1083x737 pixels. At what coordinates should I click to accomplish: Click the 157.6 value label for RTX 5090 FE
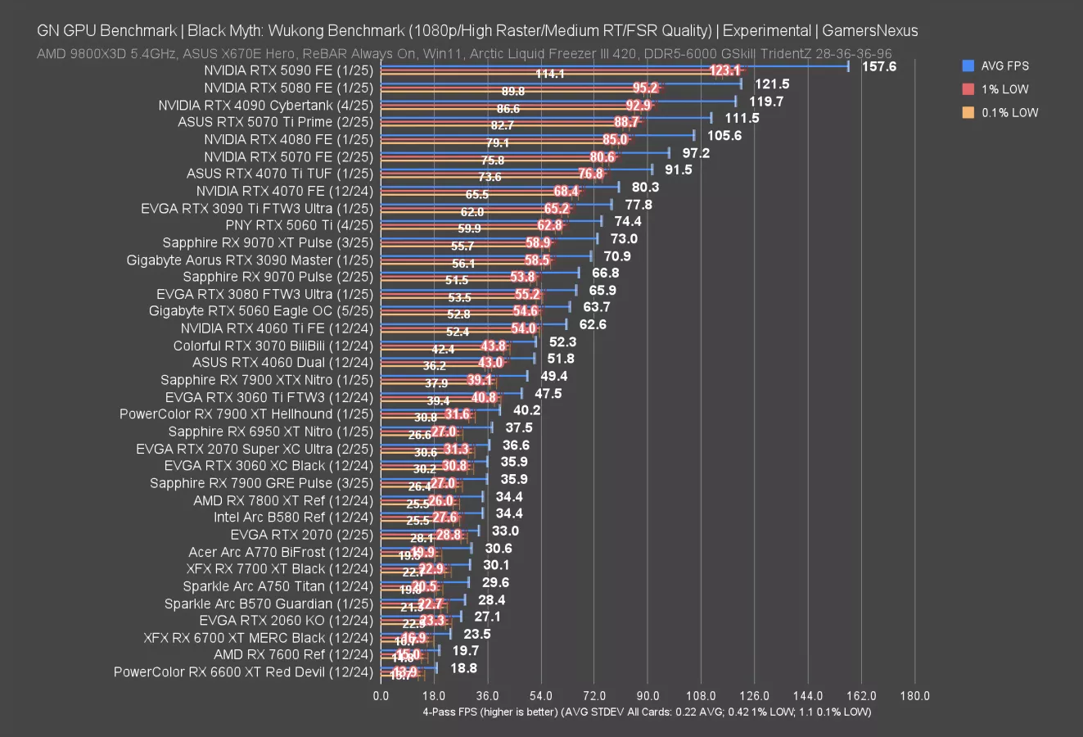click(879, 66)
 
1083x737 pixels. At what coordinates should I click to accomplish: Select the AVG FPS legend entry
click(1004, 66)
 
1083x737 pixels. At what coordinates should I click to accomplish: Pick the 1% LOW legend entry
click(1004, 89)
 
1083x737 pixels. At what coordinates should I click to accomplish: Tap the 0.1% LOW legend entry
click(1009, 113)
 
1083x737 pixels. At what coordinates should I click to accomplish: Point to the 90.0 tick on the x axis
click(648, 696)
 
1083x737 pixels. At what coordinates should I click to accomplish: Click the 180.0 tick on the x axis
click(914, 696)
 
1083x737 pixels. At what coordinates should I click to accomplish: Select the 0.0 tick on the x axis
click(381, 696)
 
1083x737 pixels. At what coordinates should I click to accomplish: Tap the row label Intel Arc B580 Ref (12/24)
click(293, 517)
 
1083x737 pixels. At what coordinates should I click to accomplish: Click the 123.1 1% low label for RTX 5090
click(725, 70)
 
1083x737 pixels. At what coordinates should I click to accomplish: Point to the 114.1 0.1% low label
click(550, 74)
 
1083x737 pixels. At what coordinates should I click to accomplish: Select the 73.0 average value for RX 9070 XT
click(624, 238)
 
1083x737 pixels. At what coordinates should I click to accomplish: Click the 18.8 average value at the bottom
click(463, 667)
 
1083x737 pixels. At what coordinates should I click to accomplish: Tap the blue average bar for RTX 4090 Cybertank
click(557, 102)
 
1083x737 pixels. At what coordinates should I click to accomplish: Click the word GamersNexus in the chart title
click(869, 31)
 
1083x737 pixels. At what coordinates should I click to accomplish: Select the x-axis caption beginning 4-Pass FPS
click(647, 712)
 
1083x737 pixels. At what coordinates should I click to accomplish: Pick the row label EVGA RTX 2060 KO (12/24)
click(286, 621)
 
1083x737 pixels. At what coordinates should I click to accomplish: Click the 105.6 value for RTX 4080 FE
click(724, 135)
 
